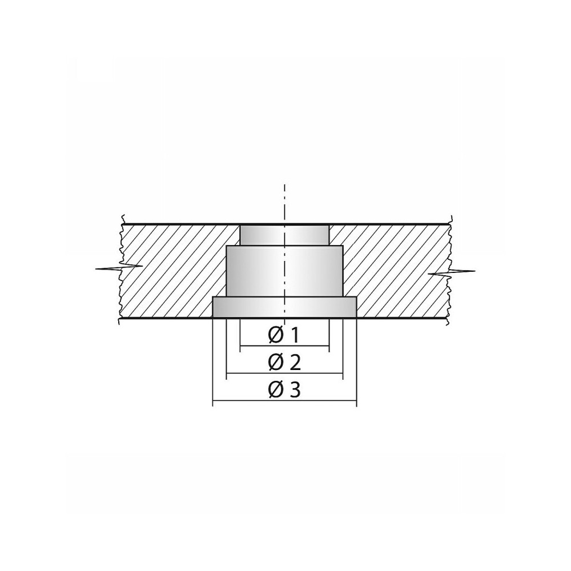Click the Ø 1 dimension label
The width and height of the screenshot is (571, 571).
coord(284,335)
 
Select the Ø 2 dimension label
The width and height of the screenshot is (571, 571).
coord(284,363)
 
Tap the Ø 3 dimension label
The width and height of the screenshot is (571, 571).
coord(284,390)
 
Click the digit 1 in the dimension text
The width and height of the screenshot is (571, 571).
coord(295,335)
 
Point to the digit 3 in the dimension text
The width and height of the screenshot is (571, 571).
coord(296,390)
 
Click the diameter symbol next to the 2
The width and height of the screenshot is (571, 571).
coord(276,363)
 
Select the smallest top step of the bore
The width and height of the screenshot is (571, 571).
coord(284,235)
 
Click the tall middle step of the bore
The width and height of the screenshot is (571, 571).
coord(284,271)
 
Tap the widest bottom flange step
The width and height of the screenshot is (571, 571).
coord(284,307)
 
